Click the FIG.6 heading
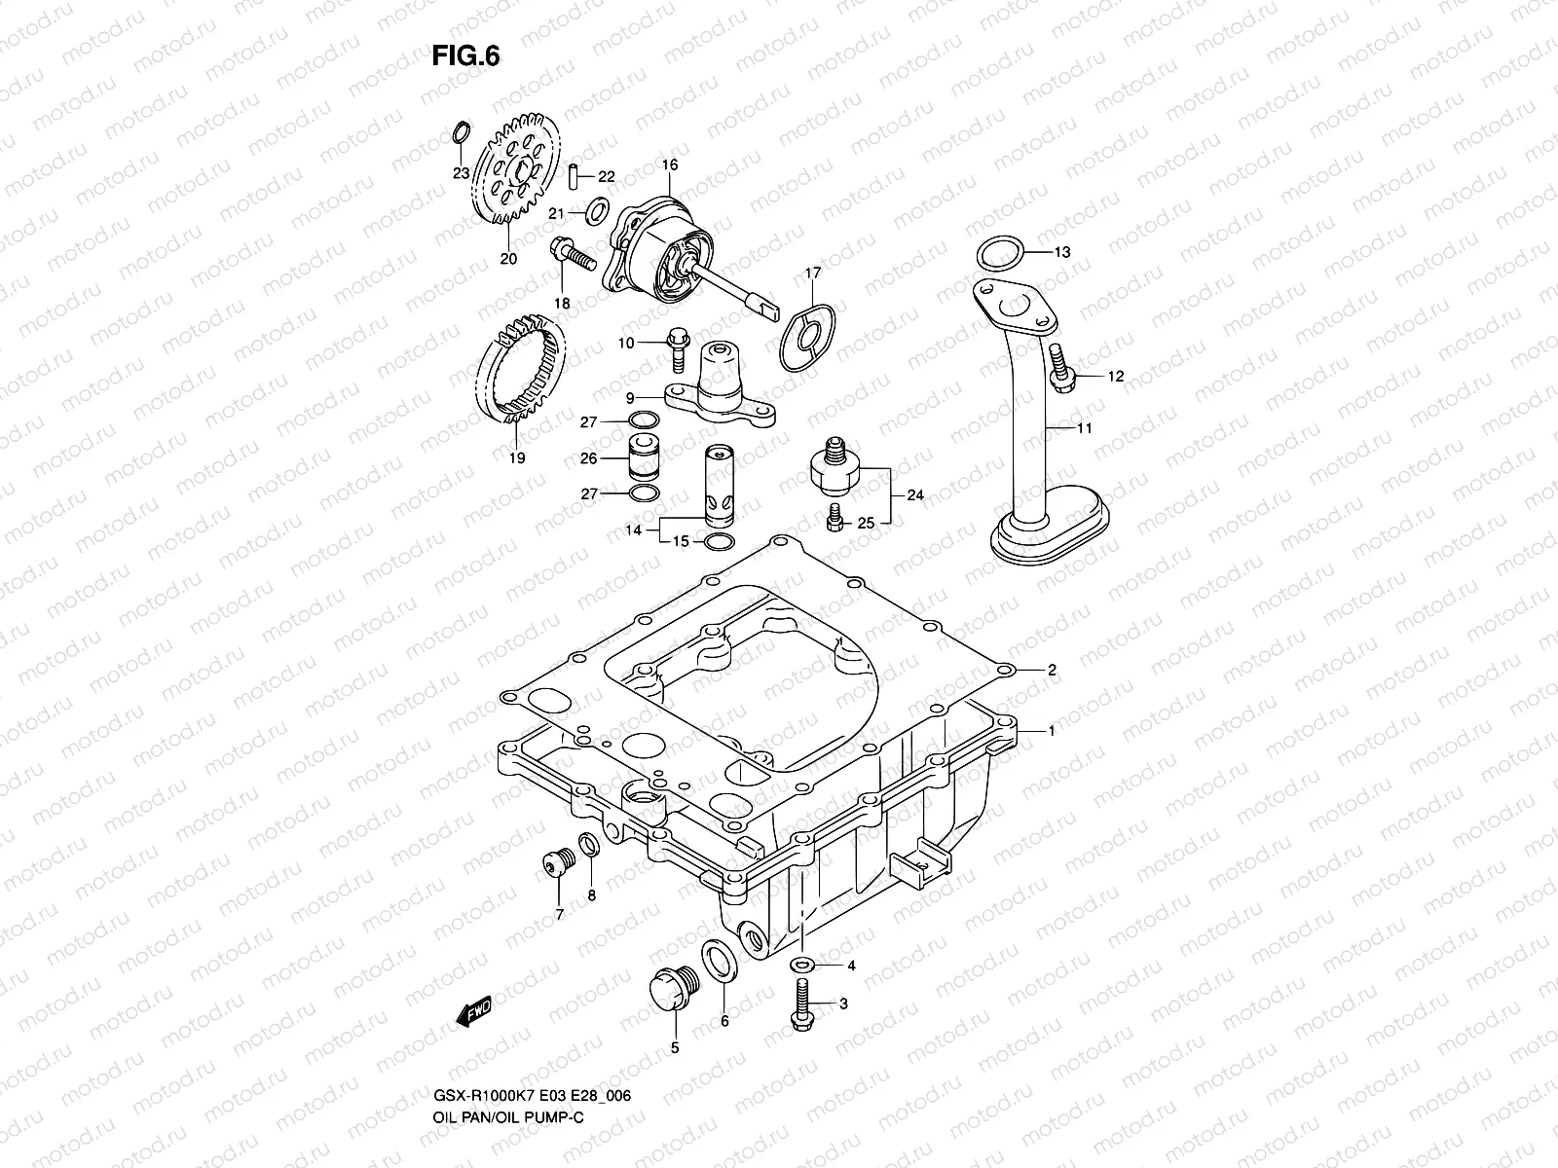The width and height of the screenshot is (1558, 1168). point(465,55)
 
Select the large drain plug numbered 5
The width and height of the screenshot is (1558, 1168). point(670,989)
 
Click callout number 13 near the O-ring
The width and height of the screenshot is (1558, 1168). point(1061,252)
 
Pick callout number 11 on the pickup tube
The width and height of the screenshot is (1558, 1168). point(1085,428)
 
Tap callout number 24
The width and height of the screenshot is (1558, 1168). point(914,494)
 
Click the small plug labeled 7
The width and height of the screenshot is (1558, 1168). point(556,863)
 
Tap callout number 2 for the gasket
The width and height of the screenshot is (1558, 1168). point(1052,671)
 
